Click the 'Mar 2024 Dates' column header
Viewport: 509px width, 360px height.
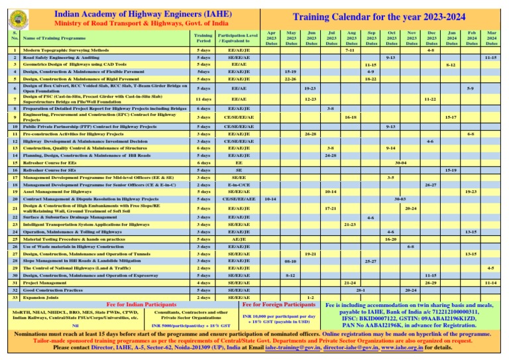point(491,37)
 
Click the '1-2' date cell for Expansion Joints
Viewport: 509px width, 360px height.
point(311,298)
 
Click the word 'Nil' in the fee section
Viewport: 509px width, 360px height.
point(75,326)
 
